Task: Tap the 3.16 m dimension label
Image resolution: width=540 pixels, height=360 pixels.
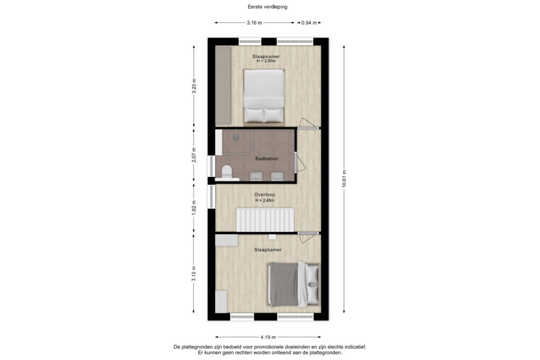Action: pos(254,23)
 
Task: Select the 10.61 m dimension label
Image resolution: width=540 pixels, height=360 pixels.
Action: pos(344,179)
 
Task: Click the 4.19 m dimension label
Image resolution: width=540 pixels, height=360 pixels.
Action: pos(268,337)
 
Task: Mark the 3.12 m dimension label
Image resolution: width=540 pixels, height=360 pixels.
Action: pos(194,274)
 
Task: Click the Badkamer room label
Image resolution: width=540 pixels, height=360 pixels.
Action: pos(267,159)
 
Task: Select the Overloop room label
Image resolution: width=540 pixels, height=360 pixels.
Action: pos(265,194)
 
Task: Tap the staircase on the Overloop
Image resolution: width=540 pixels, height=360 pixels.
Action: pos(265,219)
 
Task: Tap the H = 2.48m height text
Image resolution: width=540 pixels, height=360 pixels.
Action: pos(265,200)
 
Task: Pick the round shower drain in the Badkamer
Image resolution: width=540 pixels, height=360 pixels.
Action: pos(236,135)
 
